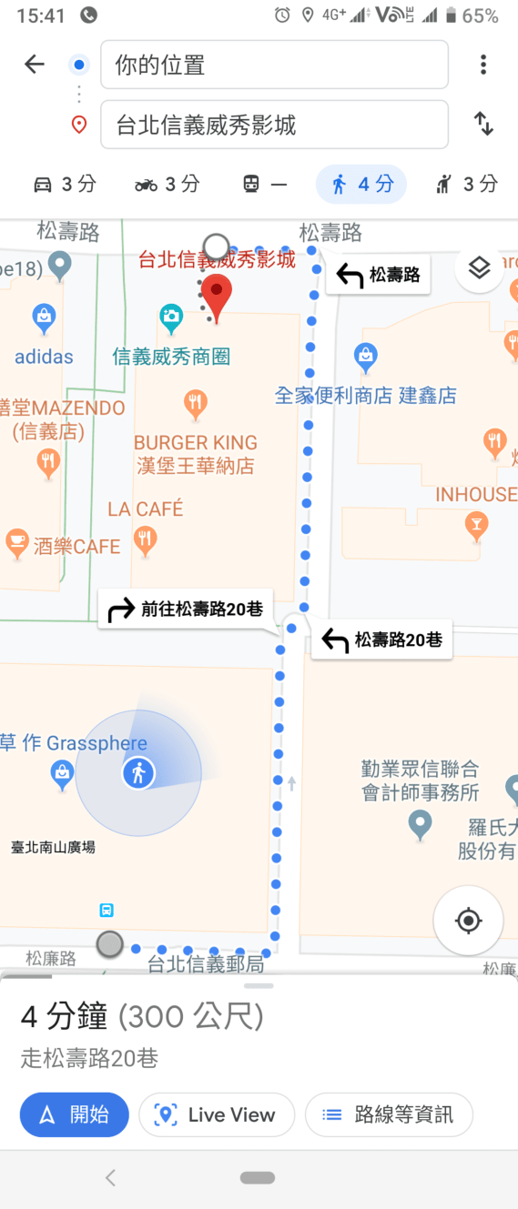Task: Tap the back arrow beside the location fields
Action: (35, 64)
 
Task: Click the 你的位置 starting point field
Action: (274, 65)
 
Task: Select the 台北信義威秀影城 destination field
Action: (274, 125)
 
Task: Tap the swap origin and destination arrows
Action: (483, 124)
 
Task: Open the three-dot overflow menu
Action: (483, 64)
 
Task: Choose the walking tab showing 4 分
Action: (361, 185)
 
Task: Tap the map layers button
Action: (480, 267)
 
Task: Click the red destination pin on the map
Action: (217, 297)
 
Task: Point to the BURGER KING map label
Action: (196, 443)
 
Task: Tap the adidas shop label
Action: (44, 356)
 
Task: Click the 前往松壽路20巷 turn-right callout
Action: (186, 610)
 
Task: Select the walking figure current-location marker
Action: (138, 773)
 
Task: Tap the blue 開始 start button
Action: (74, 1114)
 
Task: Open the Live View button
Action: (217, 1114)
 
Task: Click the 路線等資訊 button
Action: (389, 1114)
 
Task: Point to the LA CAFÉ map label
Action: (146, 509)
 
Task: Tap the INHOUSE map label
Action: (475, 494)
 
